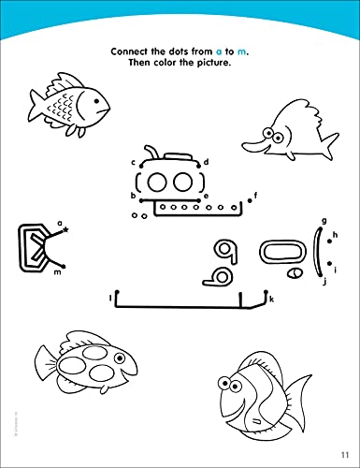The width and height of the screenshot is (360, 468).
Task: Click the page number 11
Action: click(x=344, y=456)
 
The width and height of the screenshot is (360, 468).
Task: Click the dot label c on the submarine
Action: click(x=133, y=162)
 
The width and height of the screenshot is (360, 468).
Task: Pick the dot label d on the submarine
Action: click(x=206, y=162)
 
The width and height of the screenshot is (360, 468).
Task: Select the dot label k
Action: click(x=271, y=299)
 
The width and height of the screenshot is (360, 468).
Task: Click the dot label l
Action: click(x=110, y=299)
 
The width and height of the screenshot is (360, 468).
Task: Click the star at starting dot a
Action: click(x=65, y=228)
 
